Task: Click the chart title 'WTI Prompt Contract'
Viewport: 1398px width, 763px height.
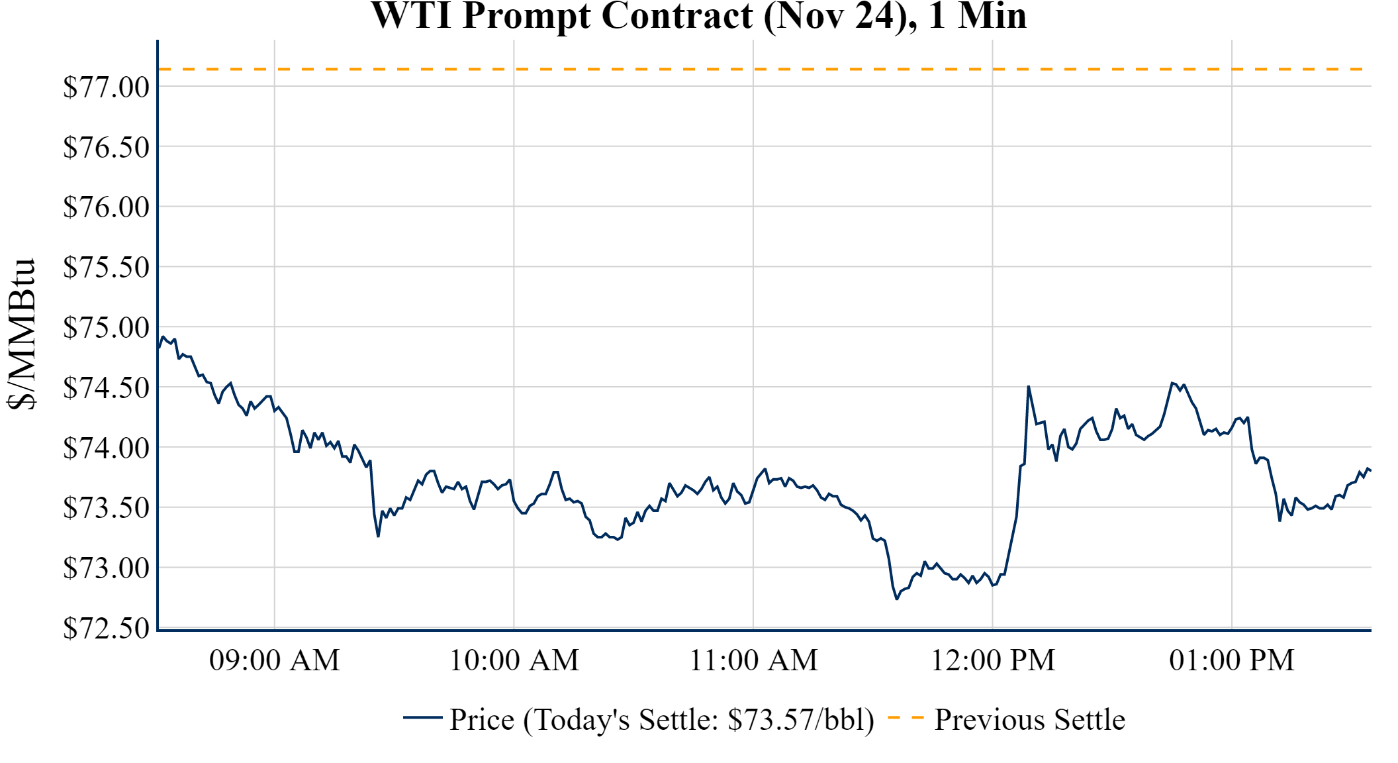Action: (698, 16)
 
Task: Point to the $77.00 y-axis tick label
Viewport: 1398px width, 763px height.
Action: (107, 87)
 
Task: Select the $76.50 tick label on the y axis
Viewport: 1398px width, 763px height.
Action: (107, 147)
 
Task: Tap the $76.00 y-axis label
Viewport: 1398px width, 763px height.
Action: (107, 207)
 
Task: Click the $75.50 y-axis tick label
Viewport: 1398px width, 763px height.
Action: (107, 268)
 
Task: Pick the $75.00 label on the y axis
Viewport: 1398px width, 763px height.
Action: (107, 327)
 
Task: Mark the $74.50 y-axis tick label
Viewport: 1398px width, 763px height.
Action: (107, 387)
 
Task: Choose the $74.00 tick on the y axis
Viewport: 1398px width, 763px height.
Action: (107, 448)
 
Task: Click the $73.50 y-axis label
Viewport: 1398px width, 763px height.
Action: (107, 508)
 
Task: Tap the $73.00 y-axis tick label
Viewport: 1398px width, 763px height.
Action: (107, 568)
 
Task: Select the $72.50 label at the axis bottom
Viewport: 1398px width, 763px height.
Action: (107, 628)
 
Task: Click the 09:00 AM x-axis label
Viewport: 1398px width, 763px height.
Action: (275, 660)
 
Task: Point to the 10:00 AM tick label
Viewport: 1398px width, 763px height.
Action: (514, 660)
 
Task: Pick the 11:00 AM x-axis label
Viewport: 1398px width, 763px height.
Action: (753, 660)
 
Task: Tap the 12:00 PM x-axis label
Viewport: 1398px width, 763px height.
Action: (993, 660)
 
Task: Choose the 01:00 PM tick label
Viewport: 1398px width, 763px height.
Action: (1232, 660)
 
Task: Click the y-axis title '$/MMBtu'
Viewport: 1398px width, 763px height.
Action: (22, 334)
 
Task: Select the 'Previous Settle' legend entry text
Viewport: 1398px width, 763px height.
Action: (1029, 720)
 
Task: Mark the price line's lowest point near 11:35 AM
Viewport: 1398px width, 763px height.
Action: (897, 599)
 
